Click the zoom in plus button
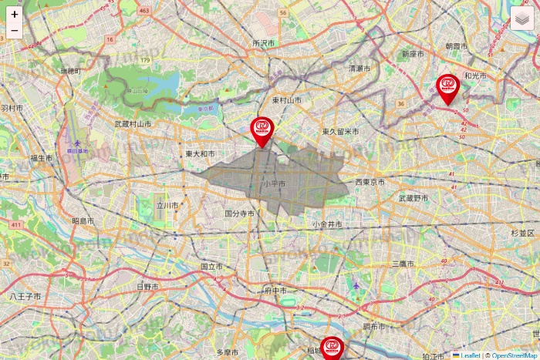click(15, 14)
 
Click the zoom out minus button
click(15, 31)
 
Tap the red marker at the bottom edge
click(332, 349)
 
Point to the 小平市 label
click(273, 184)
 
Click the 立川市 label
click(167, 206)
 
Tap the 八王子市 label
click(25, 296)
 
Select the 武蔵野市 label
click(413, 198)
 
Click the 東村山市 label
click(286, 100)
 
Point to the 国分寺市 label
click(240, 213)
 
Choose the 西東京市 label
click(370, 182)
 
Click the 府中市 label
click(275, 291)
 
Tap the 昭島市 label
click(83, 220)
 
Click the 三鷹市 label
click(402, 264)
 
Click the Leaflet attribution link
click(470, 355)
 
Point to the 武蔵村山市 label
click(133, 123)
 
